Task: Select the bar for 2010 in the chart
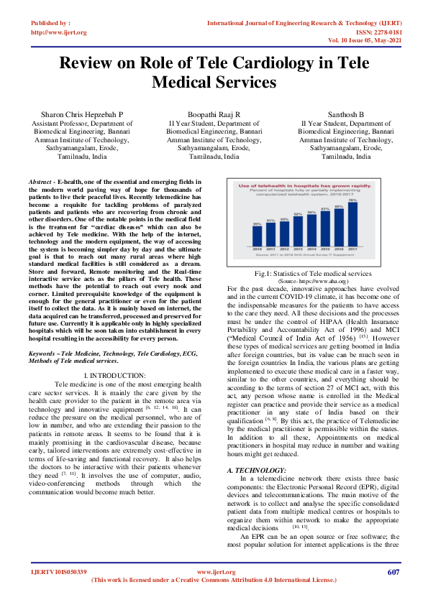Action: [257, 235]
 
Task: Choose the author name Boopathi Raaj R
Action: [214, 114]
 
